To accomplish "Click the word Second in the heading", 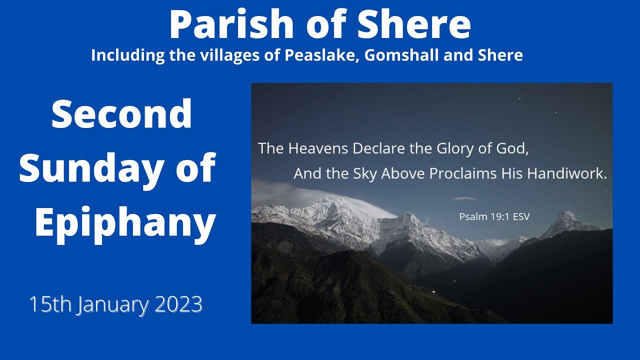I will (x=121, y=114).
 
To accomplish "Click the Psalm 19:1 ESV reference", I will (x=494, y=217).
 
